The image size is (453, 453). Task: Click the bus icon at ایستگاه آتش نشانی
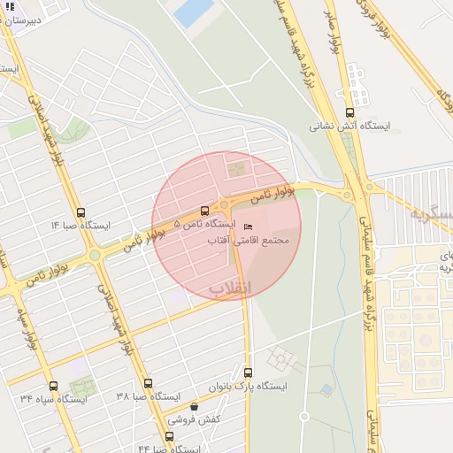click(x=349, y=112)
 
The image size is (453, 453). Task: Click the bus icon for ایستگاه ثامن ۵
click(x=205, y=211)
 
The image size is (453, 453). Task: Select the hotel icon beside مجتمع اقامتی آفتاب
click(x=247, y=225)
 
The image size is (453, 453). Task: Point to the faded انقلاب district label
click(x=231, y=288)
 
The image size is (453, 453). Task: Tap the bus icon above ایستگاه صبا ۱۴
click(x=81, y=212)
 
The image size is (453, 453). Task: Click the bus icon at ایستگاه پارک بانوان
click(x=248, y=372)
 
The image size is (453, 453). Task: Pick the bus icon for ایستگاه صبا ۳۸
click(x=148, y=384)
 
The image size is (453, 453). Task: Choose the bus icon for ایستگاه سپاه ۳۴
click(x=53, y=386)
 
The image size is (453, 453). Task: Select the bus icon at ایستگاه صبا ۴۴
click(x=170, y=436)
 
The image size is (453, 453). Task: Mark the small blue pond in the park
click(x=327, y=388)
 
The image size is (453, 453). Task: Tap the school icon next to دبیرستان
click(x=11, y=6)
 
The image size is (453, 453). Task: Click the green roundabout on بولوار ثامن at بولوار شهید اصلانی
click(x=95, y=256)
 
